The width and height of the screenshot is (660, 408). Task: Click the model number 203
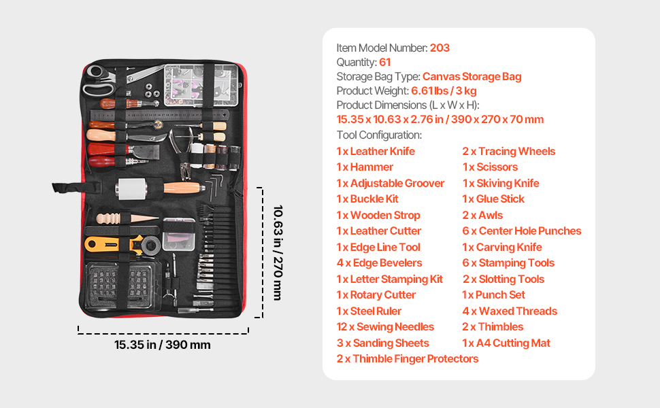pyautogui.click(x=440, y=48)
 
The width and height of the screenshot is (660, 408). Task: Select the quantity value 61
pyautogui.click(x=384, y=63)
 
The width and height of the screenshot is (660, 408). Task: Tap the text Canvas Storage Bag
pyautogui.click(x=472, y=77)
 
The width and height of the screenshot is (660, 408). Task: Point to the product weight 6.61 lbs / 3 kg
pyautogui.click(x=444, y=91)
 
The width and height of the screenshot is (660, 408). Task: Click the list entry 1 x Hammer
pyautogui.click(x=365, y=167)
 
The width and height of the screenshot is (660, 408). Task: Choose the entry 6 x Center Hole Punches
pyautogui.click(x=521, y=231)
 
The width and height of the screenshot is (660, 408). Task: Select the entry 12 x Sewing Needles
pyautogui.click(x=385, y=327)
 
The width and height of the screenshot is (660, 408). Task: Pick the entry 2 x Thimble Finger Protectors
pyautogui.click(x=408, y=359)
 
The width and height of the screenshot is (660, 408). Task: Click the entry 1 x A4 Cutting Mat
pyautogui.click(x=506, y=343)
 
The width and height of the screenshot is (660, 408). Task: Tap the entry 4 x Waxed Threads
pyautogui.click(x=510, y=311)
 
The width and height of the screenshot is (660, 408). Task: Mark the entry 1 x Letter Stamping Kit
pyautogui.click(x=389, y=279)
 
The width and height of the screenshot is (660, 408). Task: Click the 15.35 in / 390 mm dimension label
pyautogui.click(x=163, y=345)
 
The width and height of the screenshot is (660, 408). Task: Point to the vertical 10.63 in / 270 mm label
pyautogui.click(x=278, y=253)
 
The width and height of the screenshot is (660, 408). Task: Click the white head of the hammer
pyautogui.click(x=132, y=188)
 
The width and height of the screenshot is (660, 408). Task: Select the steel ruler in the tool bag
pyautogui.click(x=159, y=114)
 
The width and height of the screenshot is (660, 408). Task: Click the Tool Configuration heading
pyautogui.click(x=379, y=135)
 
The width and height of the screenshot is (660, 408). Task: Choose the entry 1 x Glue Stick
pyautogui.click(x=493, y=199)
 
